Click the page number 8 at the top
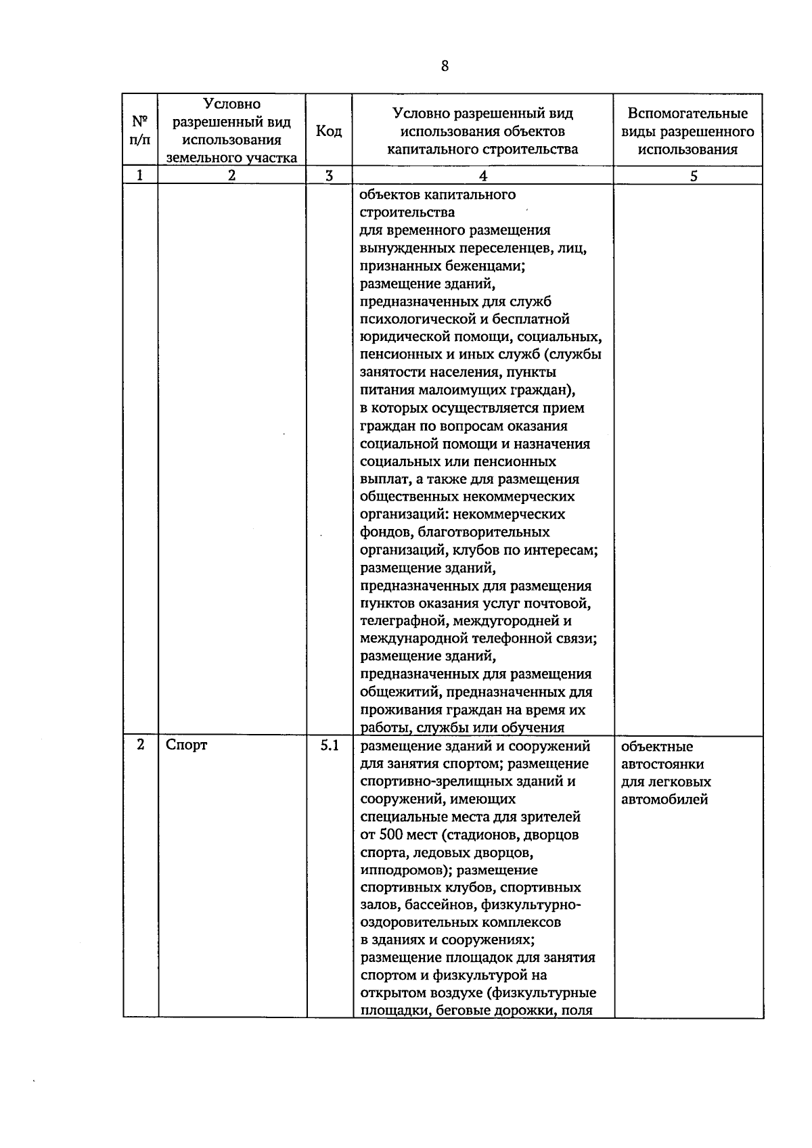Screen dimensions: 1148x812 444,66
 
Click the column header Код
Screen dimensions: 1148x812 329,131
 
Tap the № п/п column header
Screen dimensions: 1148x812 140,131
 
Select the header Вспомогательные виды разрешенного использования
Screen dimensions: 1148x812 687,131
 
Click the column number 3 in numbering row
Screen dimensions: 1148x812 329,176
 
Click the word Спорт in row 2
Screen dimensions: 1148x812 187,745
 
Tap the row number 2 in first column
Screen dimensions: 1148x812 140,745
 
